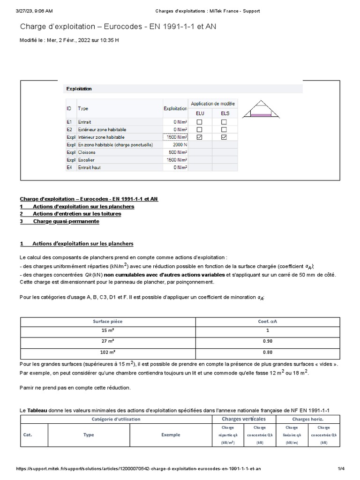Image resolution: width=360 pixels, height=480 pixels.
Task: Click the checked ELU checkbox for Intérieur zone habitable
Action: (200, 137)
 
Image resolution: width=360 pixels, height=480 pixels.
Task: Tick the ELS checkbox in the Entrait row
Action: (224, 121)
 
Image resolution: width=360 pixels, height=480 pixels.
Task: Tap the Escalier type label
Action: (87, 160)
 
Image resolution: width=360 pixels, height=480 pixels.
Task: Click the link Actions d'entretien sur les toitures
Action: (77, 214)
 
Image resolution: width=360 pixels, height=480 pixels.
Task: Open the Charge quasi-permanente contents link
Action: (66, 221)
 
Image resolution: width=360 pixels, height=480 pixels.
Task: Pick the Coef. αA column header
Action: (268, 321)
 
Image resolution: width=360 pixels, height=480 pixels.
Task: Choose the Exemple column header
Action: (171, 435)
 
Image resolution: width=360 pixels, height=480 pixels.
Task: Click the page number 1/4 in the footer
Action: (341, 469)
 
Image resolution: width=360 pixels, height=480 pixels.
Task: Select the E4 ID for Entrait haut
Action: (69, 167)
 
